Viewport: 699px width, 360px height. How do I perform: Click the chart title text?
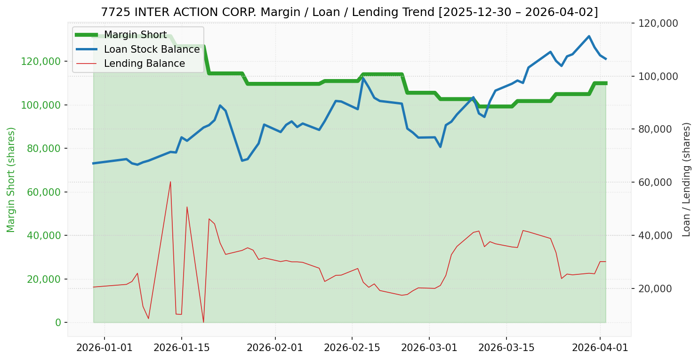coord(349,12)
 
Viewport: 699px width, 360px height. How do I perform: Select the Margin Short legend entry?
coord(135,35)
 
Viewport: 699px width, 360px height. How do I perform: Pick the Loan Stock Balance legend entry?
coord(152,49)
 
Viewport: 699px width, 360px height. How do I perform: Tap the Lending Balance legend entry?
coord(144,64)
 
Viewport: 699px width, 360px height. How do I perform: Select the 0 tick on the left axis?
coord(58,322)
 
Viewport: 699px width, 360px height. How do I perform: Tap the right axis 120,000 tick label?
coord(658,23)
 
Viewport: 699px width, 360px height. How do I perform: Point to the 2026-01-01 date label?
coord(104,349)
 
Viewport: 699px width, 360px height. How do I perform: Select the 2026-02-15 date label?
coord(352,349)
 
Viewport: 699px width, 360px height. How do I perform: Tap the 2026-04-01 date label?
coord(600,349)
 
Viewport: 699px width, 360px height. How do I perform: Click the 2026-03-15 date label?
coord(506,349)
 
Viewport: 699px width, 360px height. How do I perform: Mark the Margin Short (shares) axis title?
coord(11,179)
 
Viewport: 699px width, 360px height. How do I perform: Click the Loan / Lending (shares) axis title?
coord(686,179)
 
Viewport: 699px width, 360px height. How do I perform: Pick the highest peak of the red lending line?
coord(170,182)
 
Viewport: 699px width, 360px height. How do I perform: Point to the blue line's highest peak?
coord(589,36)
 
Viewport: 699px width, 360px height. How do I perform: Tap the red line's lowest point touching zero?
coord(203,322)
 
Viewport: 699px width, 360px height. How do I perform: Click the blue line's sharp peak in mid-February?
coord(363,78)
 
